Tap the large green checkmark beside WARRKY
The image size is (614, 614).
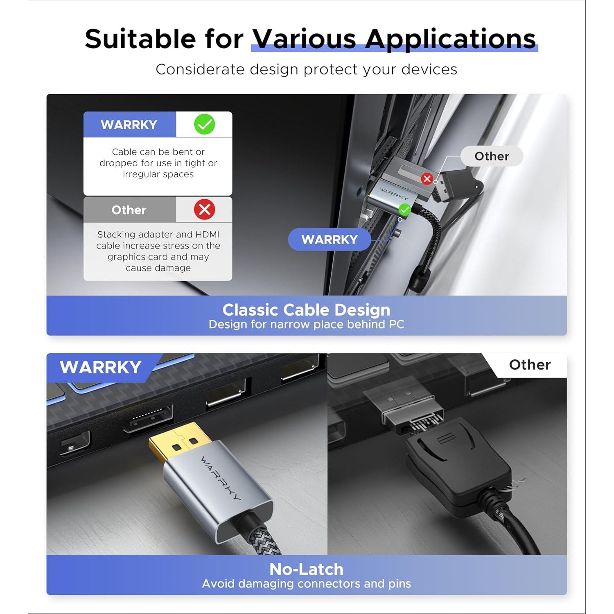pos(204,124)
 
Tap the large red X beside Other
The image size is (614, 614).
pos(204,210)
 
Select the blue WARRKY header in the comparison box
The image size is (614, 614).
pos(130,124)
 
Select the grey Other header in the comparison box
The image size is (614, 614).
pos(130,210)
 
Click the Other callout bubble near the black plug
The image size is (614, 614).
pos(492,156)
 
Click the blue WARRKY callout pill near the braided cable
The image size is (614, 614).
pos(330,239)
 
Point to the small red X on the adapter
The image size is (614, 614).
pos(427,178)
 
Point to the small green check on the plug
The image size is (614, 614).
pos(404,210)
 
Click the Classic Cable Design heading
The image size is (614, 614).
pos(306,310)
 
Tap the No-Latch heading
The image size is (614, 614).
pos(306,569)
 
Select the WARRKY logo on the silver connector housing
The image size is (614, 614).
pos(221,478)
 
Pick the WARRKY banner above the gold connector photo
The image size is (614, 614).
pos(101,367)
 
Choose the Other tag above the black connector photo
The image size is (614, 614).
pos(530,365)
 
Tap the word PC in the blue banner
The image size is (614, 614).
pos(396,324)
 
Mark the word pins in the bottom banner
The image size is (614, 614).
pos(399,584)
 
